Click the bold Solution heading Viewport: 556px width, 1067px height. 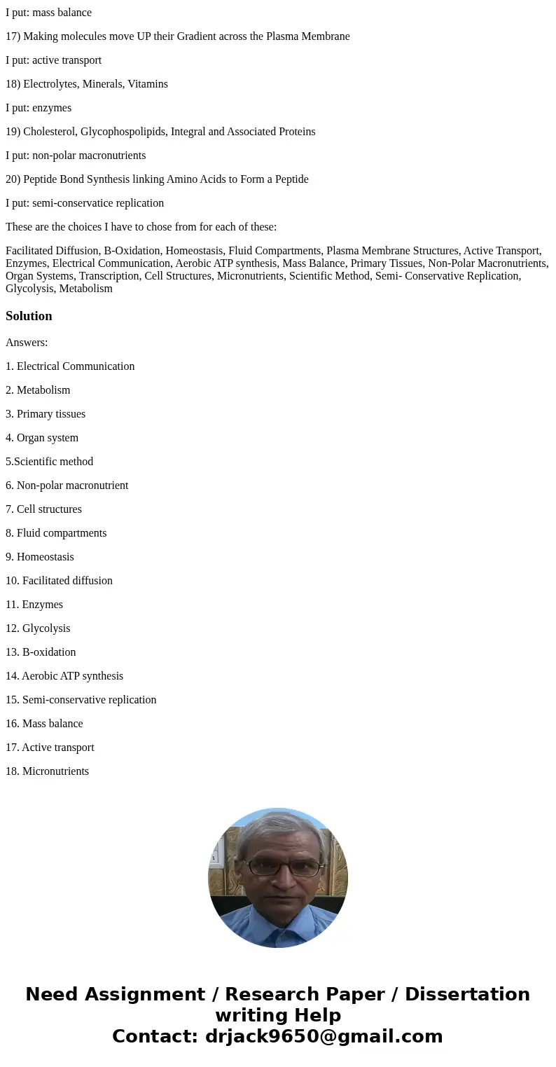coord(29,316)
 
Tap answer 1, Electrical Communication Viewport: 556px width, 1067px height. coord(70,366)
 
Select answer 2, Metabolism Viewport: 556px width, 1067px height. coord(38,390)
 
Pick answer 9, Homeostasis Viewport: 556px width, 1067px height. coord(40,557)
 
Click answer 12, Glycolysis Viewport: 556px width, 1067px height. coord(38,628)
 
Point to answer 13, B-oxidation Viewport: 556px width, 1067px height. coord(41,652)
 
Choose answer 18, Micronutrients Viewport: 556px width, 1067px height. coord(47,771)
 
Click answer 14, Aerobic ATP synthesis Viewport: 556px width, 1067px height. coord(64,676)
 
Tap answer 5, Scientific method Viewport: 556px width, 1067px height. coord(49,462)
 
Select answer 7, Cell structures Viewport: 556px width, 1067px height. coord(43,509)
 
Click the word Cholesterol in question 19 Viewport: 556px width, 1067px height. coord(51,132)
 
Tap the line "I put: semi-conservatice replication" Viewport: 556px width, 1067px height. coord(85,203)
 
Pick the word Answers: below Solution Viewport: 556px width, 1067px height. coord(27,343)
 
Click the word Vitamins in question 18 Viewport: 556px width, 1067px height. coord(148,84)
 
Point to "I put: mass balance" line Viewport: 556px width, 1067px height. coord(48,13)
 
